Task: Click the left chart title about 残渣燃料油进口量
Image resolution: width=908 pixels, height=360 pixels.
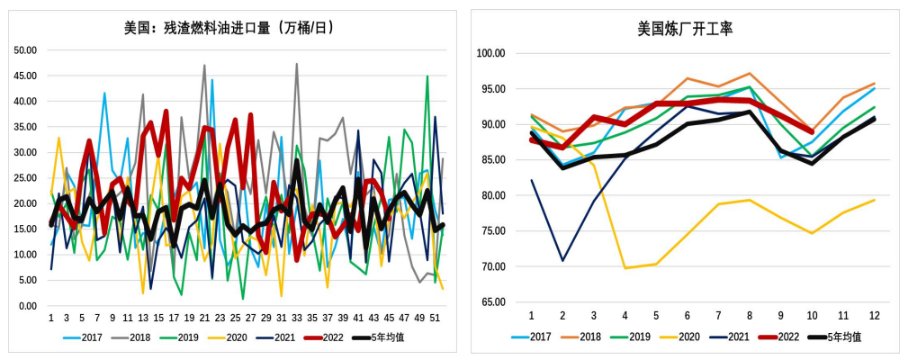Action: click(229, 28)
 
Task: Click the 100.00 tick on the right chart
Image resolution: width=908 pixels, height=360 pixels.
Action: click(490, 53)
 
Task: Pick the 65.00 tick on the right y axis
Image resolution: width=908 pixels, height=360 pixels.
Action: click(493, 301)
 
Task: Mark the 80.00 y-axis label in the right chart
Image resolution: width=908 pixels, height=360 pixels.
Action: click(493, 195)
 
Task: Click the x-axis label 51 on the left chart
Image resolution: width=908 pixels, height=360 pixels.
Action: click(435, 318)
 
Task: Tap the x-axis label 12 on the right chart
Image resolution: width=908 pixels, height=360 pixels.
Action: click(874, 315)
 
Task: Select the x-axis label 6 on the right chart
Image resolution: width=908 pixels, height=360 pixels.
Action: click(688, 315)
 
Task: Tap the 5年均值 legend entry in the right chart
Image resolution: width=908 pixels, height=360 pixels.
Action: click(838, 337)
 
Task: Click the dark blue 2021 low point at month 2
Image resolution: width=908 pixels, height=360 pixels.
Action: click(563, 261)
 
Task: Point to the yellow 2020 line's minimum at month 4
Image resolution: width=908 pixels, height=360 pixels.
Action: click(625, 268)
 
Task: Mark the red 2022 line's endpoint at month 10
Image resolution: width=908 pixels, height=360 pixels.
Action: click(812, 132)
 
